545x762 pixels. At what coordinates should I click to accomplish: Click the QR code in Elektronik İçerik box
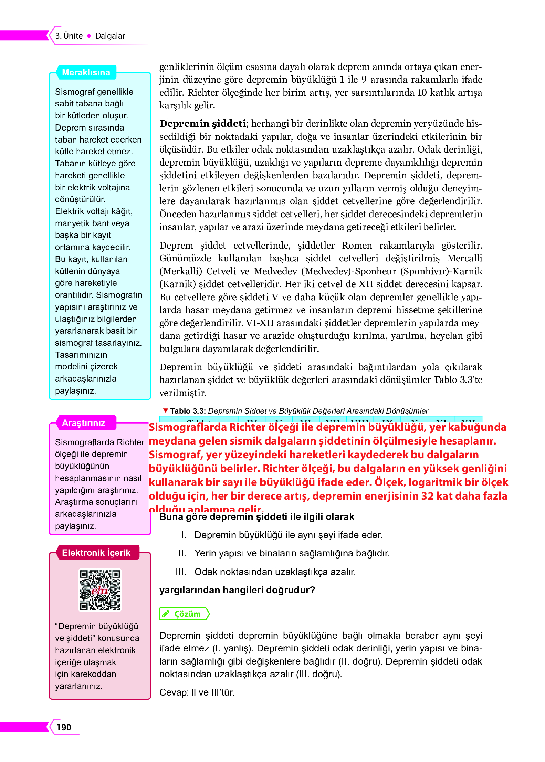pos(100,590)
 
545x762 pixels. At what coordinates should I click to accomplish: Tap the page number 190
pos(64,727)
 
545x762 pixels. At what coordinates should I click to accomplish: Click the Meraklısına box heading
pos(86,72)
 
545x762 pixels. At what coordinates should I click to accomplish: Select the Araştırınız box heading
pos(84,423)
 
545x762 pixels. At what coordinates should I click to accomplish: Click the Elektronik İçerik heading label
pos(96,553)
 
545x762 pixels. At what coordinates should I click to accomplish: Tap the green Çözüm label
pos(187,614)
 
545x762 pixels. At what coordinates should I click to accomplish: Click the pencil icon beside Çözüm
pos(166,614)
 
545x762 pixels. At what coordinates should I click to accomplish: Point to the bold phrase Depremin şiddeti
pos(203,124)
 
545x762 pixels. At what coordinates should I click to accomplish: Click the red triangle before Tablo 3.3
pos(165,410)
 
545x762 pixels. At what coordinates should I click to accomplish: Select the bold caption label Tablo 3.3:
pos(188,411)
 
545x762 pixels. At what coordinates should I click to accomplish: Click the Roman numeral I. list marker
pos(184,535)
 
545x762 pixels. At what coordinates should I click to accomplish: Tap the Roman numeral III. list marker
pos(181,572)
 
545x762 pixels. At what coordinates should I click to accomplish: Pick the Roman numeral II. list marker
pos(182,553)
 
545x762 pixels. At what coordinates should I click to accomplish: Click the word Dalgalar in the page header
pos(110,36)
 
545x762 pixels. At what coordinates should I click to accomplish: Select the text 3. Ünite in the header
pos(69,36)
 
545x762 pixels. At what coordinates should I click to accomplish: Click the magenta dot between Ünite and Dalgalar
pos(89,36)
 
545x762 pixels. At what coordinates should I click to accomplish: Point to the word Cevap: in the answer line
pos(174,692)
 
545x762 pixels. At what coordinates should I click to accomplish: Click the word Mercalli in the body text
pos(465,258)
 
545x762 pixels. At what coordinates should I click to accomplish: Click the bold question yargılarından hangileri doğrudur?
pos(237,590)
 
